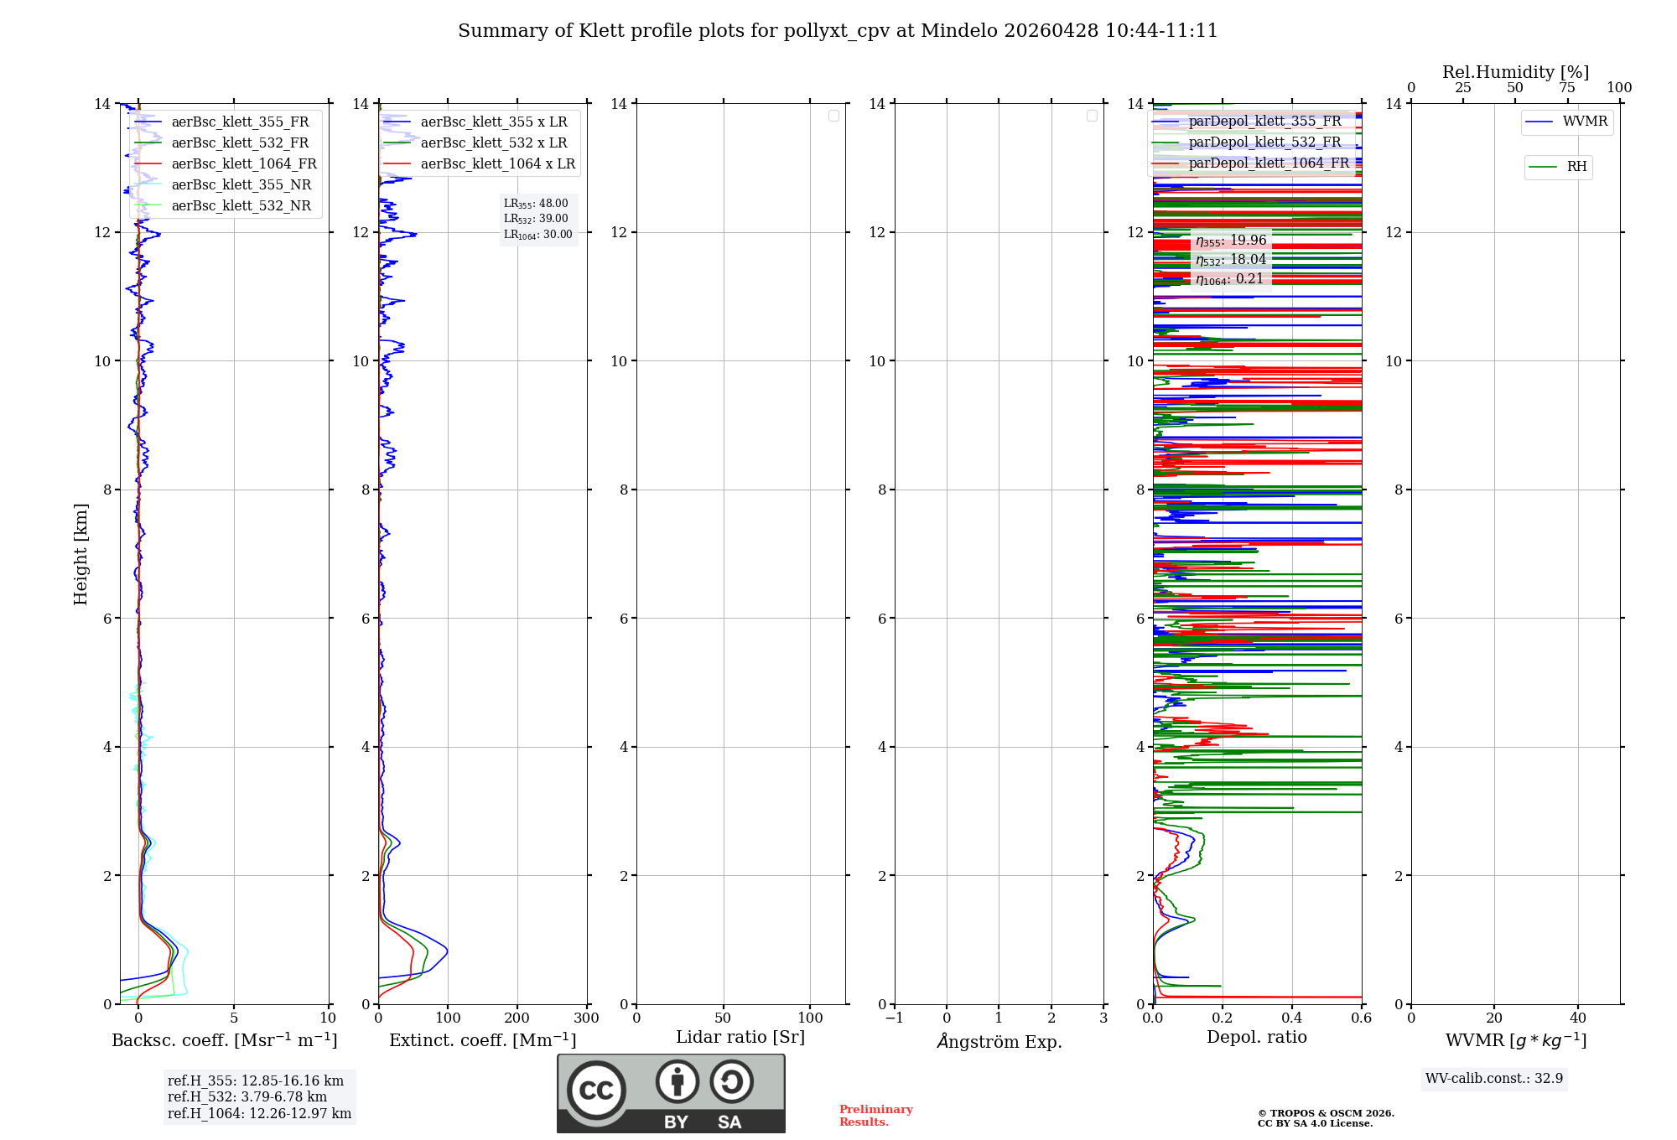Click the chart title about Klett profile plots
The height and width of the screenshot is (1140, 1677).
[x=838, y=31]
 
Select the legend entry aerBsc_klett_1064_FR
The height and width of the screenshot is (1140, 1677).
[x=243, y=164]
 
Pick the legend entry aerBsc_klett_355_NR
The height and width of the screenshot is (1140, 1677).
[x=241, y=185]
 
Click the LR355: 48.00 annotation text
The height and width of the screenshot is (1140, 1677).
[x=536, y=204]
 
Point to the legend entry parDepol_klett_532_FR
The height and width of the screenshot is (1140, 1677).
[x=1264, y=142]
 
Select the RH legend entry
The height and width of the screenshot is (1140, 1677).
[x=1576, y=167]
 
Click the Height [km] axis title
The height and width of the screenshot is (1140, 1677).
[x=80, y=553]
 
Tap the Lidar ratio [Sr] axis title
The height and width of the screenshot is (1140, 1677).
[x=740, y=1038]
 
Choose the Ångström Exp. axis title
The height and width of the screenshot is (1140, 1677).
[x=999, y=1042]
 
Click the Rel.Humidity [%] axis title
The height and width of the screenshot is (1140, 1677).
[x=1515, y=72]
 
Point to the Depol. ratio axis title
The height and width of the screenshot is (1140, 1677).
[x=1256, y=1038]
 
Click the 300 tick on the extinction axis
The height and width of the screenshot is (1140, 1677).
[x=586, y=1018]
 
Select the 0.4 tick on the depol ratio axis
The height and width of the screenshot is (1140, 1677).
[x=1291, y=1018]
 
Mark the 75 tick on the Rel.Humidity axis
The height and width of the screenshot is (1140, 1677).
[x=1566, y=88]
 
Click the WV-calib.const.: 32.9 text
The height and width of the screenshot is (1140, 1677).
[x=1494, y=1079]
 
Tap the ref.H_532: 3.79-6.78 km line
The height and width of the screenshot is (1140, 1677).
[x=247, y=1097]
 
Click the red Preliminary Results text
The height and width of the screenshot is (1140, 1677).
[x=875, y=1116]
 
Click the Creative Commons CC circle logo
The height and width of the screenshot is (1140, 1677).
[x=596, y=1091]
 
